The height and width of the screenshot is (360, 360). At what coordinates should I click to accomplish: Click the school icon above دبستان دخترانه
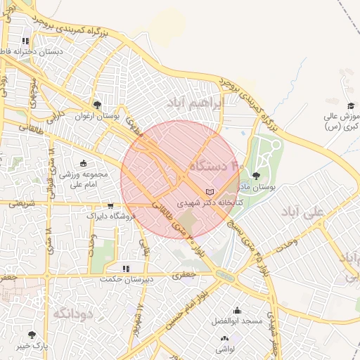point(26,41)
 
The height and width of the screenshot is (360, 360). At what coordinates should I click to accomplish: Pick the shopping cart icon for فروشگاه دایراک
point(110,206)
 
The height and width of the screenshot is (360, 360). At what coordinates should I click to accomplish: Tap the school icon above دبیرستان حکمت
point(126,269)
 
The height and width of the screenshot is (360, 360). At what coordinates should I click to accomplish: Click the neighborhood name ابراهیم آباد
point(194,103)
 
